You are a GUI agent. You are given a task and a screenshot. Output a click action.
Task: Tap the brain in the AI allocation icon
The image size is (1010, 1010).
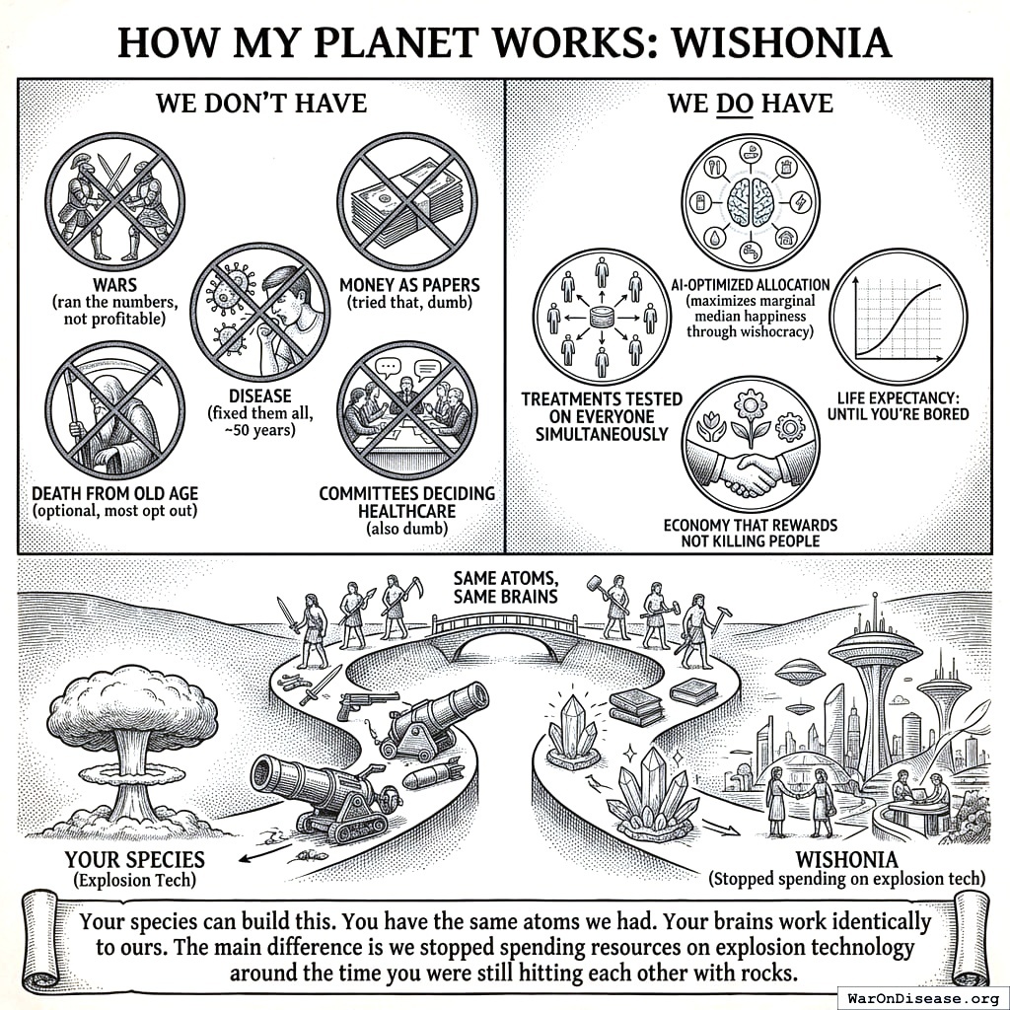pos(751,203)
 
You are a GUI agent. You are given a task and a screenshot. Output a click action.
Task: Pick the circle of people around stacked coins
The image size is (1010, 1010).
pos(601,316)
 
